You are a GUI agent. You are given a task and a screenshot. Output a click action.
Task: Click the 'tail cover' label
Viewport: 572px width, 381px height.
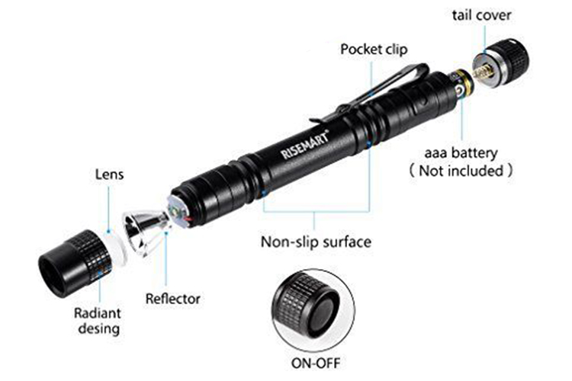[x=481, y=15]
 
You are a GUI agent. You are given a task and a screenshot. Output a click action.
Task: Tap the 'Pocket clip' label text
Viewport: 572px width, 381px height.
[x=374, y=50]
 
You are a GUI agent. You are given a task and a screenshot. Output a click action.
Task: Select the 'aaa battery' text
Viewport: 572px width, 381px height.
[x=461, y=153]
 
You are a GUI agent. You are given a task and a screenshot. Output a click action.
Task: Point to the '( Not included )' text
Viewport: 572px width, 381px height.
[x=461, y=170]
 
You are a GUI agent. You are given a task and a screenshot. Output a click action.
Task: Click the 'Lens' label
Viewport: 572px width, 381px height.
[x=109, y=174]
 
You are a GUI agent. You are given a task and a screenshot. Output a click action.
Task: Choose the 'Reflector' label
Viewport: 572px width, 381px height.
[x=173, y=299]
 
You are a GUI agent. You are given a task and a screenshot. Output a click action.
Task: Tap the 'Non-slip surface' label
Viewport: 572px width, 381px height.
[x=316, y=242]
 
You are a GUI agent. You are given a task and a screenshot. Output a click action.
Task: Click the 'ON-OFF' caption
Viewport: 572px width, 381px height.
[x=315, y=363]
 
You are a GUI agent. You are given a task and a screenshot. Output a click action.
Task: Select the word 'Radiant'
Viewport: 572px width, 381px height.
[x=98, y=313]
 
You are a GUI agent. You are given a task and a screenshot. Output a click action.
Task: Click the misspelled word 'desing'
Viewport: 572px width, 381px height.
[x=99, y=328]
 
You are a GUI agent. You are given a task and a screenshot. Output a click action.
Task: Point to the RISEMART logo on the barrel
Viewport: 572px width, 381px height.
[x=305, y=144]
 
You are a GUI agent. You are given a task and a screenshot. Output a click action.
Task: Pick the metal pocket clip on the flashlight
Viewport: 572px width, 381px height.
[x=369, y=92]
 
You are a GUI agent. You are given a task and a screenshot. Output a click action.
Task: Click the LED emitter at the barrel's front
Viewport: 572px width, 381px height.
[x=175, y=212]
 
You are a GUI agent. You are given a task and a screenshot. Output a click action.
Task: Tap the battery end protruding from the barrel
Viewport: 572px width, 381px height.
[x=461, y=84]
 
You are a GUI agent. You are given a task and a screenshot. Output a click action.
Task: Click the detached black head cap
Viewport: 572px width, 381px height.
[x=75, y=263]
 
